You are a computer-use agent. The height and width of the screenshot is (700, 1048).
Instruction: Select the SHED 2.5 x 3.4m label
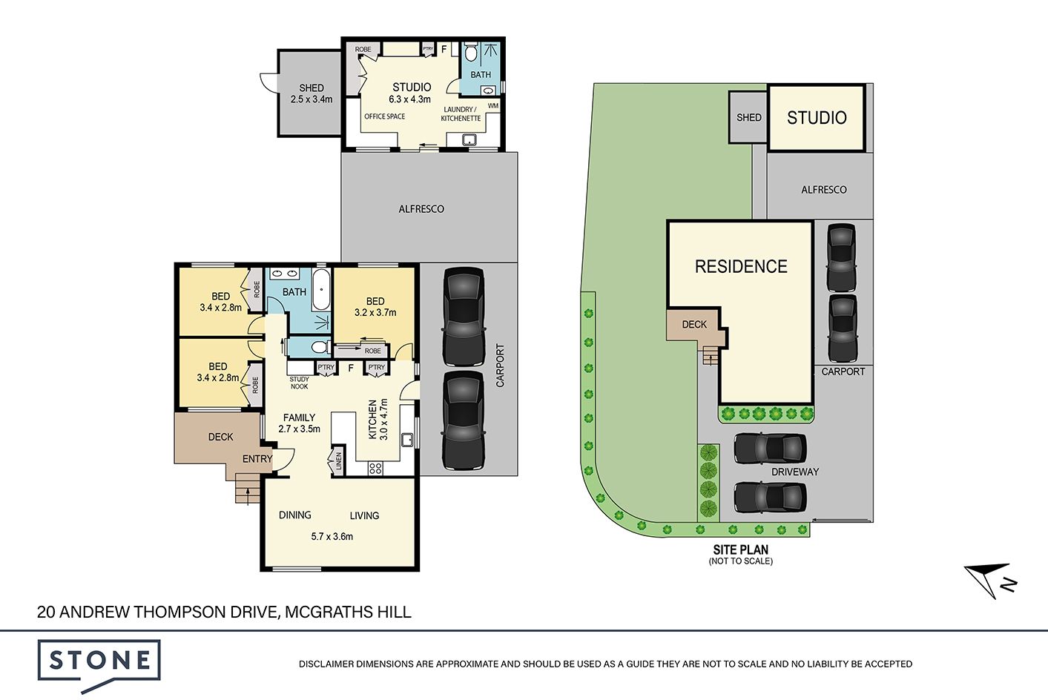pos(311,93)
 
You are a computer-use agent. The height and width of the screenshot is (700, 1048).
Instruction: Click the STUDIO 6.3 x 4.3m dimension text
pos(409,99)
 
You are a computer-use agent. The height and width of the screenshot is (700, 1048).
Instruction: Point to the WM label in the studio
pos(493,106)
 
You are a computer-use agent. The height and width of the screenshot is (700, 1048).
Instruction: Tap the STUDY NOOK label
pos(300,383)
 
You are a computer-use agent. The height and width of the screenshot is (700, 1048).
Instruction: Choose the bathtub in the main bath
pos(321,289)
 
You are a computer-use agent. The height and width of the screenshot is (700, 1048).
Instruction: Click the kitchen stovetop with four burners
pos(375,468)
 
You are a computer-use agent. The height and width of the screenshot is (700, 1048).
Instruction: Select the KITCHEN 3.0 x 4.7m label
pos(378,420)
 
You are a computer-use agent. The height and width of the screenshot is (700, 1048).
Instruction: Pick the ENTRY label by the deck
pos(257,459)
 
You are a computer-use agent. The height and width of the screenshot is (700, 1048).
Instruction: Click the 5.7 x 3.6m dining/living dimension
pos(332,536)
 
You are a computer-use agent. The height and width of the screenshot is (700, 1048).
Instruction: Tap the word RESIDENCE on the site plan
pos(741,266)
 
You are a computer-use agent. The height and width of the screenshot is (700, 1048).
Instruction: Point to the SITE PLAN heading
pos(741,550)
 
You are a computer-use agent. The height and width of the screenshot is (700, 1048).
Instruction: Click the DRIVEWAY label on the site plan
pos(795,472)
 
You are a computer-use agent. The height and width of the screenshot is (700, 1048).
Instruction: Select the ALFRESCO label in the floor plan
pos(421,209)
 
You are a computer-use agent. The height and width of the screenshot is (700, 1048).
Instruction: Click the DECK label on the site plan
pos(694,325)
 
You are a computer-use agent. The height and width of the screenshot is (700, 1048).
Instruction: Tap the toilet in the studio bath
pos(470,53)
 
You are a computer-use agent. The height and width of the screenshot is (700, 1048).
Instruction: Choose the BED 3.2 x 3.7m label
pos(375,307)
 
